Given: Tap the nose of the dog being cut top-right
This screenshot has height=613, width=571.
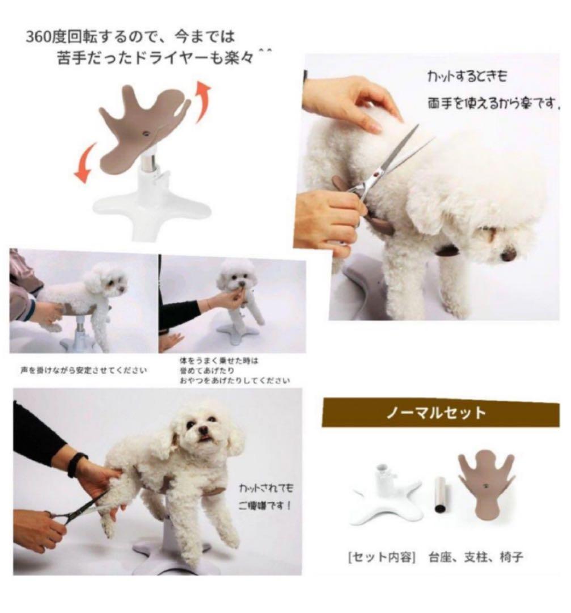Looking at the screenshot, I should [508, 255].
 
